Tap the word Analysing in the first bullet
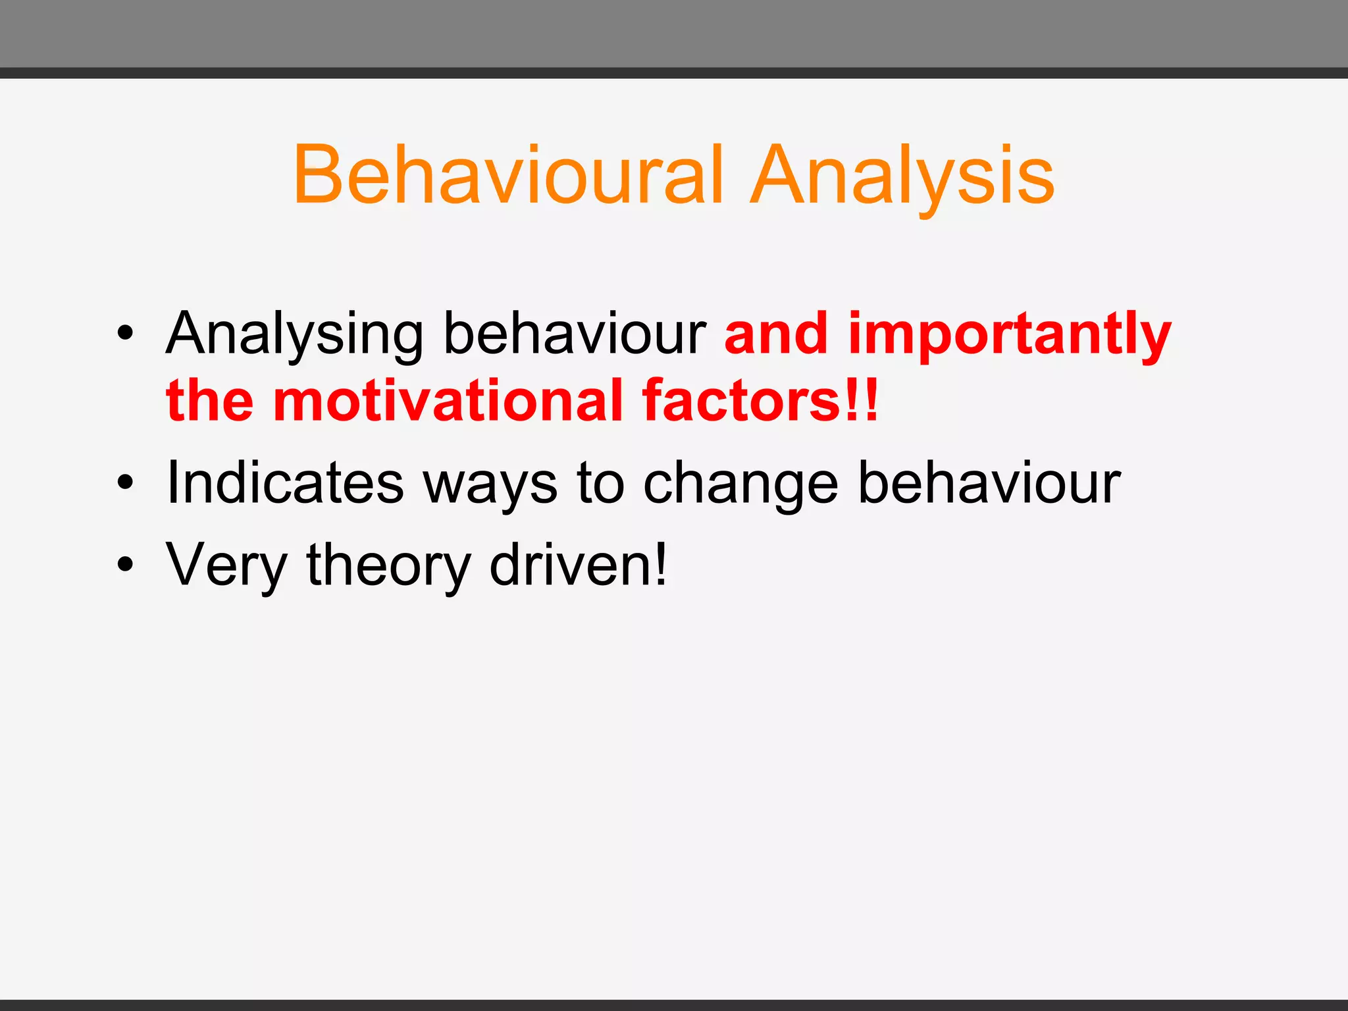[x=294, y=334]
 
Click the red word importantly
[x=1010, y=334]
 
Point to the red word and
[x=775, y=333]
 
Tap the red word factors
[x=740, y=400]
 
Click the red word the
[x=209, y=400]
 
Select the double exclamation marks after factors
[x=862, y=400]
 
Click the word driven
[x=571, y=565]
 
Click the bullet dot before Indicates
[x=125, y=483]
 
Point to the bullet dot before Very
[x=125, y=565]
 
